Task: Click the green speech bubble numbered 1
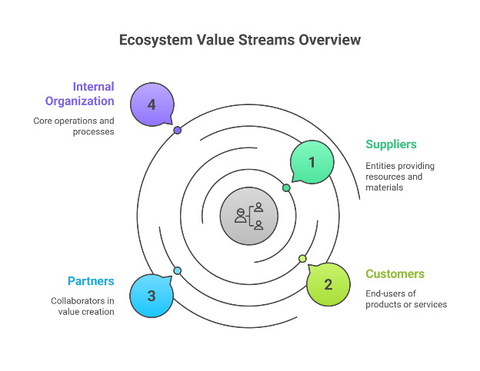pyautogui.click(x=312, y=162)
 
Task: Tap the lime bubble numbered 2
pyautogui.click(x=328, y=284)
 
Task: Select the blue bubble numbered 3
pyautogui.click(x=152, y=296)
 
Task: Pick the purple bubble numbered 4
pyautogui.click(x=152, y=104)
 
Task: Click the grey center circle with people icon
pyautogui.click(x=248, y=216)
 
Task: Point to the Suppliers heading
pyautogui.click(x=391, y=144)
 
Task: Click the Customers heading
pyautogui.click(x=395, y=274)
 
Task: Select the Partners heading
pyautogui.click(x=91, y=281)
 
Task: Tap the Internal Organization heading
pyautogui.click(x=79, y=94)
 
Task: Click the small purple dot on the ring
pyautogui.click(x=178, y=131)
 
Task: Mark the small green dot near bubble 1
pyautogui.click(x=286, y=187)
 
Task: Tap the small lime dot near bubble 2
pyautogui.click(x=302, y=258)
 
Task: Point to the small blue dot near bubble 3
pyautogui.click(x=178, y=270)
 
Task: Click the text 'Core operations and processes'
pyautogui.click(x=74, y=126)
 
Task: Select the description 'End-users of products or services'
pyautogui.click(x=406, y=299)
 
